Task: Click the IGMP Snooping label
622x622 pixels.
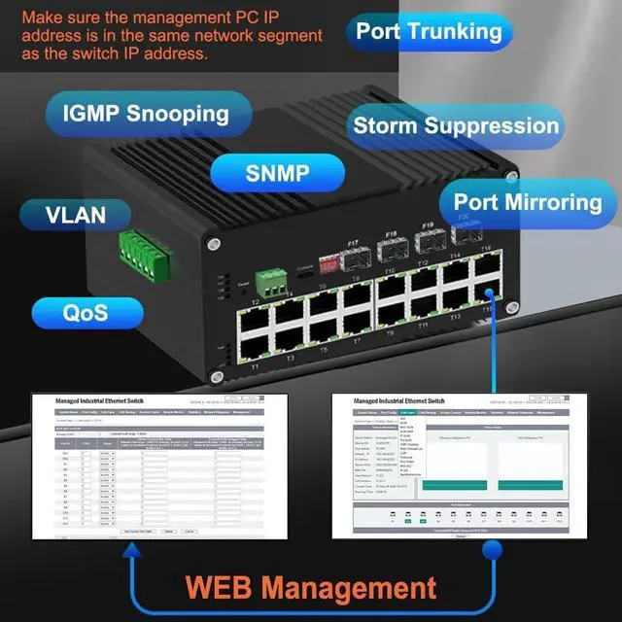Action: click(x=146, y=113)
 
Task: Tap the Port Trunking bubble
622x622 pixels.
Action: click(x=429, y=30)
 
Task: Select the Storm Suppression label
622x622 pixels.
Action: click(x=456, y=125)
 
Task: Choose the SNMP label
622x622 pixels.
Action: click(x=277, y=174)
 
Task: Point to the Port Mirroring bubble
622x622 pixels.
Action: click(x=527, y=202)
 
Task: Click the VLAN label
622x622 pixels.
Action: click(x=75, y=213)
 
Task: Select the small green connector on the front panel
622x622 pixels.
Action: click(x=272, y=281)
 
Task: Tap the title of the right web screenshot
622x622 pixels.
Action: click(x=399, y=400)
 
